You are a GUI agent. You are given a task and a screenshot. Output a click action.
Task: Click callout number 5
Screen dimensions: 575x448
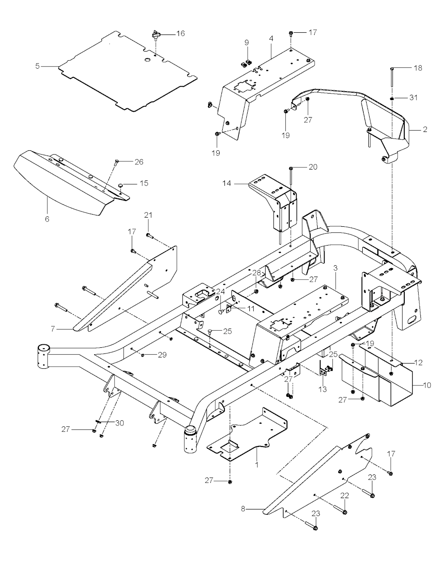click(x=37, y=66)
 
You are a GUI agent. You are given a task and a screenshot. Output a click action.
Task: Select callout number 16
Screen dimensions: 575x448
click(x=180, y=33)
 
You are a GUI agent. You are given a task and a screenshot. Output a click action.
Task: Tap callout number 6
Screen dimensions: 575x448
click(x=47, y=219)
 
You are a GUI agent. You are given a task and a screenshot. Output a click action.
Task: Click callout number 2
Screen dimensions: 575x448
click(x=425, y=129)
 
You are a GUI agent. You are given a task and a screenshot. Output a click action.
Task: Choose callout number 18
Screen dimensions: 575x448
click(x=418, y=68)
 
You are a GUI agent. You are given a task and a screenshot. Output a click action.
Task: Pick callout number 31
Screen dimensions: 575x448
click(x=413, y=97)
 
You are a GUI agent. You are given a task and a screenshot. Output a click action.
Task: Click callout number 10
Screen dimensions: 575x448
click(x=427, y=385)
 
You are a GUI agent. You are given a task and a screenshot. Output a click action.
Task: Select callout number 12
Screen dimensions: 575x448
click(x=418, y=362)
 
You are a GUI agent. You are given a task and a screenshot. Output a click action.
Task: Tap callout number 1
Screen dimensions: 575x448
click(x=257, y=465)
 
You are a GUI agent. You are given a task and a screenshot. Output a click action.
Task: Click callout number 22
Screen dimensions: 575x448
click(x=345, y=495)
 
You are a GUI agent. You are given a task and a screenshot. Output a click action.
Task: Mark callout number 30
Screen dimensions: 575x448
click(x=119, y=423)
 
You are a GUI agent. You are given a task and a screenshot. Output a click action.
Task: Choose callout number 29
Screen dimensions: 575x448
click(x=162, y=355)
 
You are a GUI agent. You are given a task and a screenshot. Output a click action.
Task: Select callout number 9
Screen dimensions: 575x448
click(x=247, y=42)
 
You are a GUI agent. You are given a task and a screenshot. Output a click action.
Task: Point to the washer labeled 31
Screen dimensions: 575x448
click(x=392, y=97)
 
